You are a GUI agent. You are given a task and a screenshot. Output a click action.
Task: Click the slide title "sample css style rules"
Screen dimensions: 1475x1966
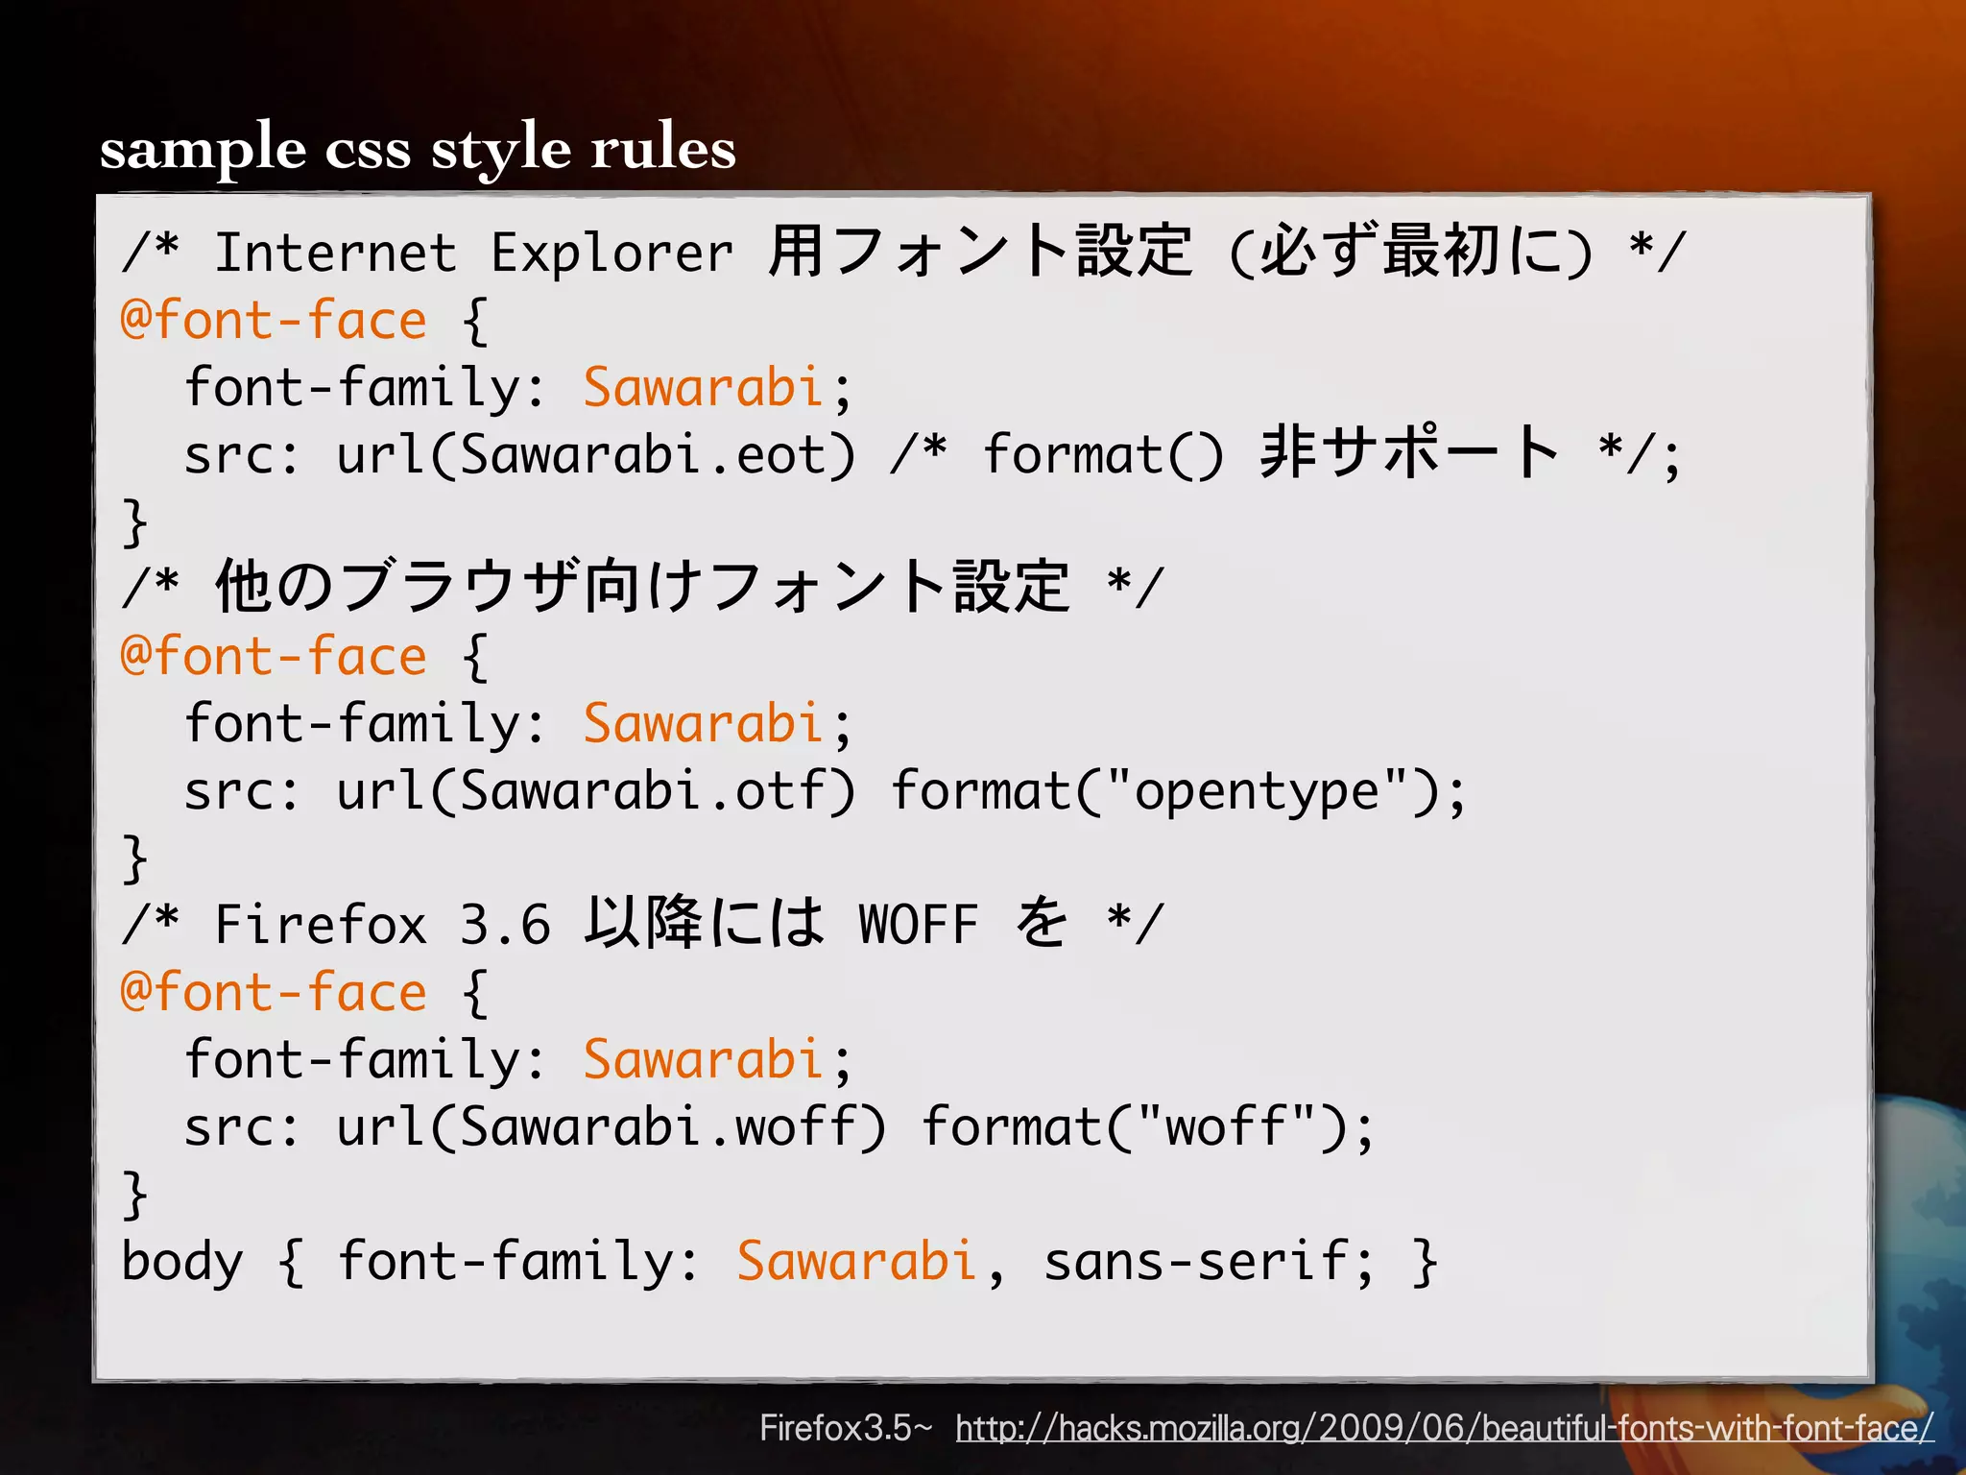pos(418,149)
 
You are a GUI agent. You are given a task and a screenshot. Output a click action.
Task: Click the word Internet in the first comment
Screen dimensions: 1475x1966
pos(335,254)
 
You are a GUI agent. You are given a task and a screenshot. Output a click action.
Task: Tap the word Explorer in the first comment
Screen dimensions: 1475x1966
pos(611,254)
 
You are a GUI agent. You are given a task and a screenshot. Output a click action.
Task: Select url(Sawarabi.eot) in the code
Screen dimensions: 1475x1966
pos(594,454)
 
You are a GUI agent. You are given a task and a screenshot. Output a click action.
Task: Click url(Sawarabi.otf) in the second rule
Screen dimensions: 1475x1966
pos(594,790)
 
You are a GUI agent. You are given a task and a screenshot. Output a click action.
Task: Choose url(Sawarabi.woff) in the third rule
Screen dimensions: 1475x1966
pos(611,1126)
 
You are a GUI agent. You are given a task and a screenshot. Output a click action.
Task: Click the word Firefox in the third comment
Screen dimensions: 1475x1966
pos(320,925)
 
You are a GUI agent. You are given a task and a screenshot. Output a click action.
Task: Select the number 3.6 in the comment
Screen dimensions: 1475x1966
pos(505,925)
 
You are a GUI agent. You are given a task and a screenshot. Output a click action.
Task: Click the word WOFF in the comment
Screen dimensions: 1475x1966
pos(919,925)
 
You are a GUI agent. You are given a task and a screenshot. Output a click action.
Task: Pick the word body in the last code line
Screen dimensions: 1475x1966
pos(182,1261)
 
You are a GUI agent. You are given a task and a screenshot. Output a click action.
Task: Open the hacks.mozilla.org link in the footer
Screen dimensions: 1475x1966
pos(1444,1429)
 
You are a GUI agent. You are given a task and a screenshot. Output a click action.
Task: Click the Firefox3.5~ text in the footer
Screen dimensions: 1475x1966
pos(845,1429)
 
